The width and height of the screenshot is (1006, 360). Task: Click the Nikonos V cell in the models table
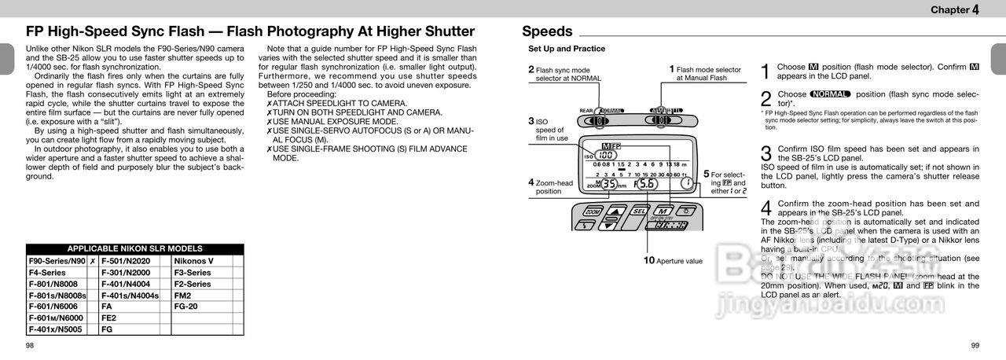point(193,261)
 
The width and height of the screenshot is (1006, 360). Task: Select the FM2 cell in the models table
point(182,296)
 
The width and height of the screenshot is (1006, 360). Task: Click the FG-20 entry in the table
point(185,307)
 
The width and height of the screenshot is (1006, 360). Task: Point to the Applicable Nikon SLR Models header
point(134,248)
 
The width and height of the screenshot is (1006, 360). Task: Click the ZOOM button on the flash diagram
point(593,211)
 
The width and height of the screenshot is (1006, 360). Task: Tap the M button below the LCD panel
point(662,211)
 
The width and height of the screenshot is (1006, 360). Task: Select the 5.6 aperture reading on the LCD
point(646,184)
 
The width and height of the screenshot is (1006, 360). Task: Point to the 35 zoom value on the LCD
point(609,185)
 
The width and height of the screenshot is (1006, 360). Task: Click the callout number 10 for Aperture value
point(648,259)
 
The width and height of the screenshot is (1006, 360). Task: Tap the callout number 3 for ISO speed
point(531,121)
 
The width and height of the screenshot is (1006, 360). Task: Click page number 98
point(30,346)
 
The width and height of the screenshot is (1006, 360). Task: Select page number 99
point(975,346)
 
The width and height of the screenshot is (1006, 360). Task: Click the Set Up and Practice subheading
point(566,49)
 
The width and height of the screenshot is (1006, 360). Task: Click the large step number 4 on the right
point(766,208)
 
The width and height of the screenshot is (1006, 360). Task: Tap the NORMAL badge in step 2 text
point(830,94)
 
